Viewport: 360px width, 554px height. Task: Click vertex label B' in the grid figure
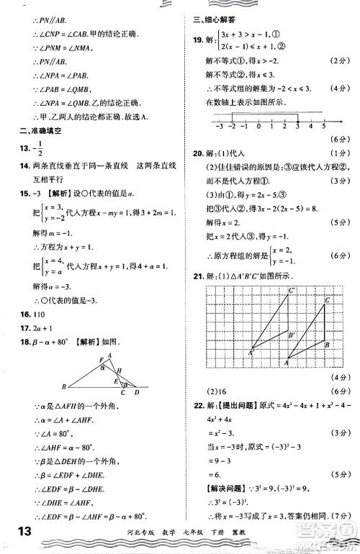(x=292, y=335)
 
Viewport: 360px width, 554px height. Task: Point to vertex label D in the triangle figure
(x=138, y=391)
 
